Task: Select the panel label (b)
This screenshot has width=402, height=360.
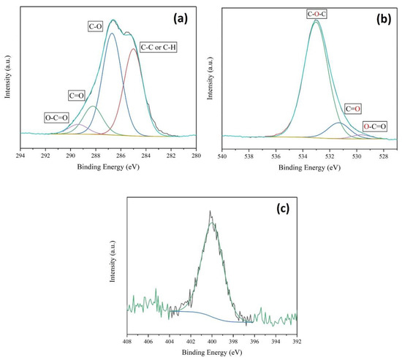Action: coord(379,16)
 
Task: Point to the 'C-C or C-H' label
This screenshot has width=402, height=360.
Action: coord(158,47)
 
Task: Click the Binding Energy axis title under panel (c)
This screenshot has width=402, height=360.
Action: coord(212,352)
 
